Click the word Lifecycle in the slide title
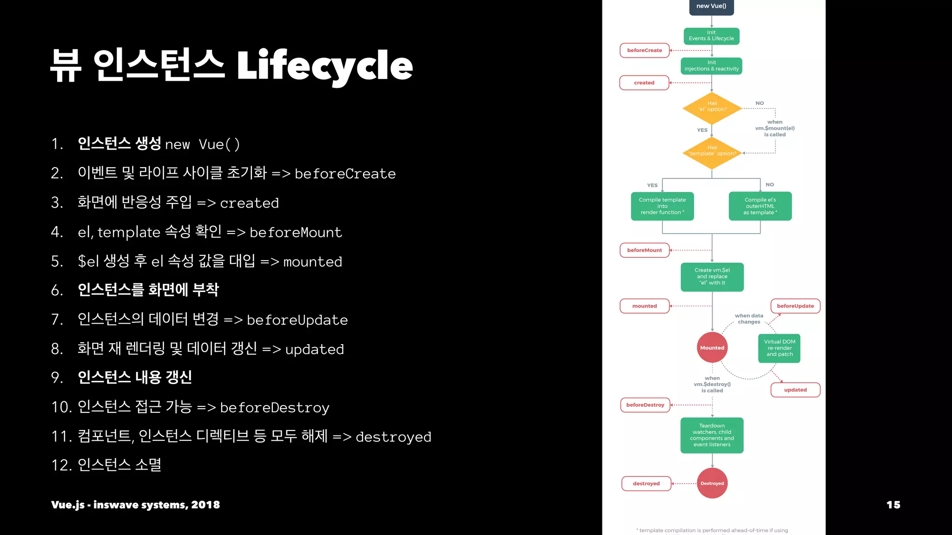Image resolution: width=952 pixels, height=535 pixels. click(x=324, y=66)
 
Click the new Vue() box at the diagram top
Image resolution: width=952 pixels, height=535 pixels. click(x=711, y=7)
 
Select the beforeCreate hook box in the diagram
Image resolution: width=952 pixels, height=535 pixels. click(x=644, y=50)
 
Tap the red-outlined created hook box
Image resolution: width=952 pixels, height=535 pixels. click(x=644, y=83)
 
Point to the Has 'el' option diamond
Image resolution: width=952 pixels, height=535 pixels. click(x=712, y=108)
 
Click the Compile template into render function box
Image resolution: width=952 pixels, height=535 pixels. click(x=662, y=206)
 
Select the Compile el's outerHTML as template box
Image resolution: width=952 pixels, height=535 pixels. click(x=760, y=206)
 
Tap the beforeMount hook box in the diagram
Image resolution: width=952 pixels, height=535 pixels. click(x=644, y=250)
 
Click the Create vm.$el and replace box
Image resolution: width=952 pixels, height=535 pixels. click(x=712, y=277)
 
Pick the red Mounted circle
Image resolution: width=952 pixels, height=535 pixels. click(x=712, y=347)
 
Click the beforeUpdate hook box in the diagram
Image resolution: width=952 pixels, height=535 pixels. click(x=795, y=306)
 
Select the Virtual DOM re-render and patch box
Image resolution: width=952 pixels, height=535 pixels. click(x=780, y=348)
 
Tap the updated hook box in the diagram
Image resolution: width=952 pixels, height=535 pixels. click(x=795, y=390)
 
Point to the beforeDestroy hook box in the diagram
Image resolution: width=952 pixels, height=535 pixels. click(x=645, y=405)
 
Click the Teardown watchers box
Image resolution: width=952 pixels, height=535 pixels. click(x=712, y=435)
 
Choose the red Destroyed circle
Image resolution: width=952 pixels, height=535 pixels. click(x=712, y=483)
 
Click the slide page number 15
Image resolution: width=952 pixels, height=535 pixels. click(x=893, y=505)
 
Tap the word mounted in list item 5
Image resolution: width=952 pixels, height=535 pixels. click(x=312, y=262)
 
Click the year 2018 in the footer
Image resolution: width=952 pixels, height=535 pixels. click(x=205, y=505)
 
